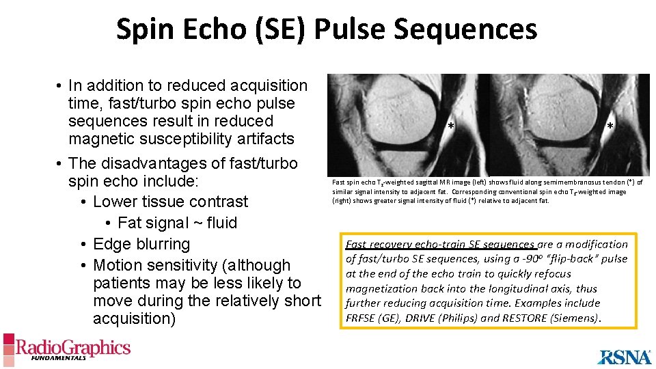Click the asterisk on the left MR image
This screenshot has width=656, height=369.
click(x=450, y=126)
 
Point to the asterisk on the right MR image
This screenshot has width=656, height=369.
click(x=610, y=126)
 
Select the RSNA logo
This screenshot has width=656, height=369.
click(x=625, y=356)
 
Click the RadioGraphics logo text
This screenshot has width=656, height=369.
click(x=73, y=347)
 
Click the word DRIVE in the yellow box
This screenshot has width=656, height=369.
click(x=427, y=318)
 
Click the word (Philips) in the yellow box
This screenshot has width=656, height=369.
click(x=471, y=318)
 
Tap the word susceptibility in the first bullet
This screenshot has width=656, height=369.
click(x=178, y=139)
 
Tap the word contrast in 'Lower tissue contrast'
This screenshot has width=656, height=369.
click(x=219, y=202)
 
